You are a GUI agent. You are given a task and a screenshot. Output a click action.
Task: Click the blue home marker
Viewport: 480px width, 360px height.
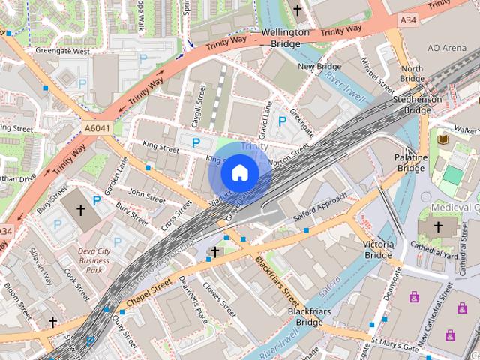239,173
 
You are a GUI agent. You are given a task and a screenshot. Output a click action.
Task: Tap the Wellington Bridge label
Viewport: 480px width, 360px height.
285,39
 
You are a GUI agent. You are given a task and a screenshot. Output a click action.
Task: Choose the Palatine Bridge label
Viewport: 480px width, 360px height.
411,163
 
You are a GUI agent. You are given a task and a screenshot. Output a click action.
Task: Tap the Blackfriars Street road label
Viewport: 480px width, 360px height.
281,277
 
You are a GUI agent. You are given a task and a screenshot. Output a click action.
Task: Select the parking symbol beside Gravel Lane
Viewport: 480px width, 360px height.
283,121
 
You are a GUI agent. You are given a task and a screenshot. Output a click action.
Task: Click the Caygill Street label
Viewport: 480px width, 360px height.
199,104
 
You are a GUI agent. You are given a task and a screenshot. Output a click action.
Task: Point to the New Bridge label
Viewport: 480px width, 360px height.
319,67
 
